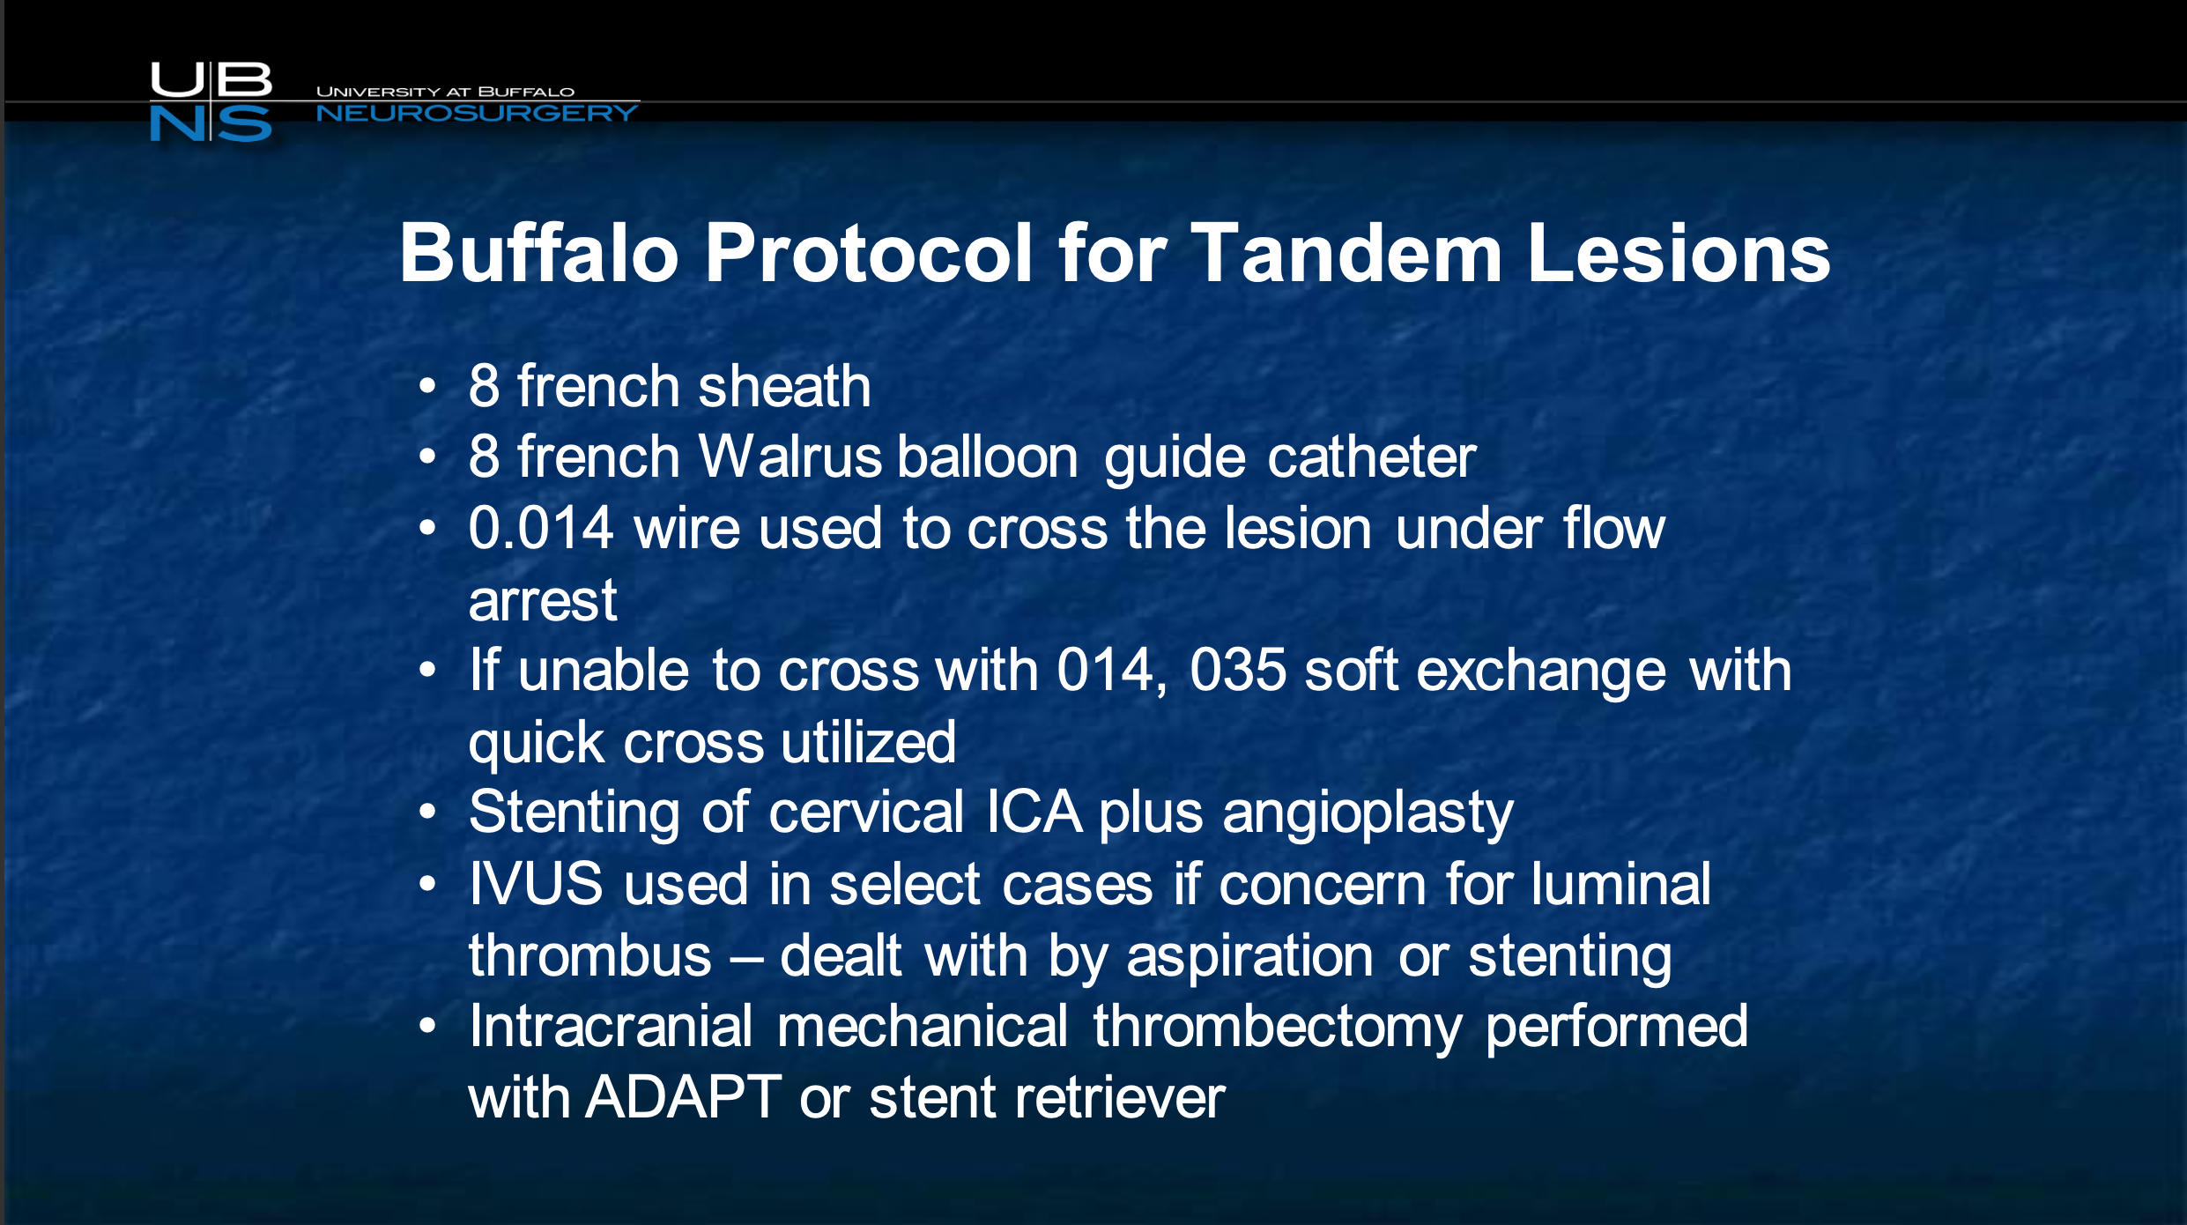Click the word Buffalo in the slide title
538,253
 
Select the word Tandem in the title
1346,253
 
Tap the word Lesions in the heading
1679,253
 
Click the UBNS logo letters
211,101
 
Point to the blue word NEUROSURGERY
477,113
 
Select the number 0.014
540,528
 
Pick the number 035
1237,670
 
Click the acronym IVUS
537,884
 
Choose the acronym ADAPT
683,1097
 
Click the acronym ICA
1034,812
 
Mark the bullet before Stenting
428,812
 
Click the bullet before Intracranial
428,1026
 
